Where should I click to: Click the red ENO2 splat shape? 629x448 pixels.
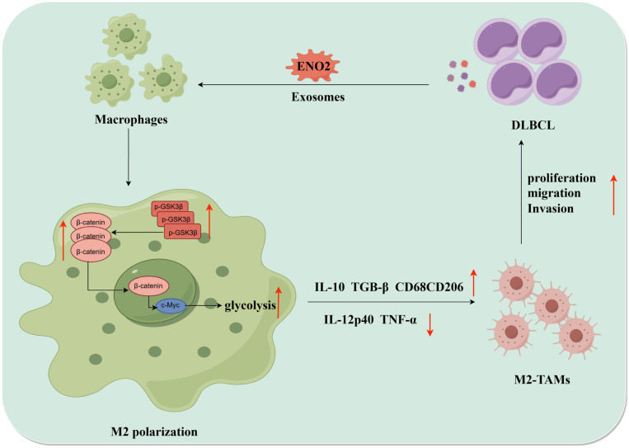[313, 66]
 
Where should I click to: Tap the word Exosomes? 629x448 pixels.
[318, 97]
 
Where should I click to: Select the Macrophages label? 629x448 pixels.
[131, 120]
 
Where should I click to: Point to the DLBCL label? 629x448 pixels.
[533, 125]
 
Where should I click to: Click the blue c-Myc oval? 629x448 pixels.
[171, 305]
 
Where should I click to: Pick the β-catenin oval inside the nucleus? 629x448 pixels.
[148, 286]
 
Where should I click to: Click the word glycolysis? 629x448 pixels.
[250, 306]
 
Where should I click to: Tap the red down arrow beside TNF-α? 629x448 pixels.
[430, 325]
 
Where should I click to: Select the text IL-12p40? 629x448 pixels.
[349, 320]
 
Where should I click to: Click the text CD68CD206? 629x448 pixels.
[430, 287]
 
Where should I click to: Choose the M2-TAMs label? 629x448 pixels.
[542, 380]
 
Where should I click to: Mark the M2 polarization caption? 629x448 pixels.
[154, 432]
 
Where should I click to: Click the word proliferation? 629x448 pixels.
[561, 178]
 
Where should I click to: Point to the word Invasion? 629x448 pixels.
[551, 209]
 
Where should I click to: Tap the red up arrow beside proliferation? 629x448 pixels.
[613, 195]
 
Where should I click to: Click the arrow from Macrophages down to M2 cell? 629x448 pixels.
[129, 158]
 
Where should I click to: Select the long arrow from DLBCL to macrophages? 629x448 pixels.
[313, 85]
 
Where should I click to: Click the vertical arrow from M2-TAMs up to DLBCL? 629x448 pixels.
[521, 192]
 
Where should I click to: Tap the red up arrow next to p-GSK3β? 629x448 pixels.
[209, 221]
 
